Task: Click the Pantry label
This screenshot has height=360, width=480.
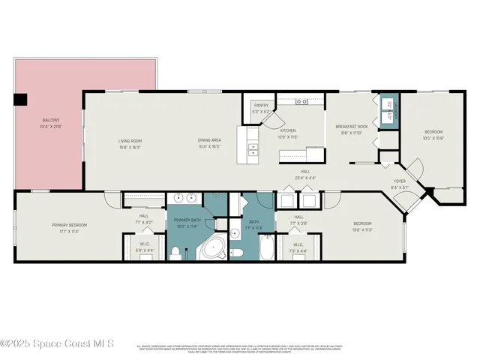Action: tap(261, 106)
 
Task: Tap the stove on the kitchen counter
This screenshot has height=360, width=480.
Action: tap(302, 100)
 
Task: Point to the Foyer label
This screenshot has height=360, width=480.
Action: tap(400, 181)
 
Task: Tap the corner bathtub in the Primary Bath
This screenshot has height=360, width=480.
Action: tap(216, 247)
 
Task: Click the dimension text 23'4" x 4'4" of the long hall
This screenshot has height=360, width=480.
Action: tap(285, 178)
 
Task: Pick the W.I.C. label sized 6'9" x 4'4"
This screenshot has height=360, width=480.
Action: tap(144, 250)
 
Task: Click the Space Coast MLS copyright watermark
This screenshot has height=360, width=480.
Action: tap(57, 343)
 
